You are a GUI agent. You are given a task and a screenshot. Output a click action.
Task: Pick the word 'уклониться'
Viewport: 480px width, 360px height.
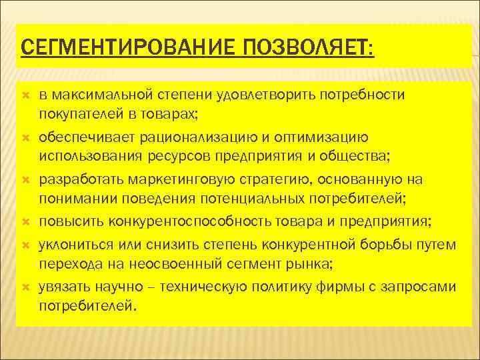[79, 245]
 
